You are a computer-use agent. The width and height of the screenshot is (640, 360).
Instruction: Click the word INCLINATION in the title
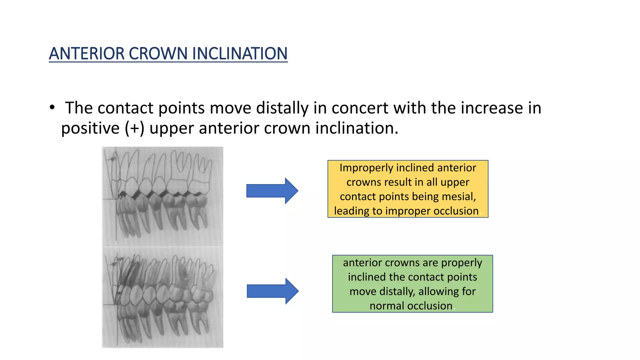240,53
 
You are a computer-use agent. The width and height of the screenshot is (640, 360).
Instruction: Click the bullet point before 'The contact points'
52,107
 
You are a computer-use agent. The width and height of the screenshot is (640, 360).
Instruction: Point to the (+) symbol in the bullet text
134,128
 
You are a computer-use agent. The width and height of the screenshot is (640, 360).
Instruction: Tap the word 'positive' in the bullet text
90,128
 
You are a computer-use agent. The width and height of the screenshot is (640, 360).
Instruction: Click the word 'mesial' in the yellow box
459,197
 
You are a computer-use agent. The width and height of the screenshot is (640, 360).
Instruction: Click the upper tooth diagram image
162,196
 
